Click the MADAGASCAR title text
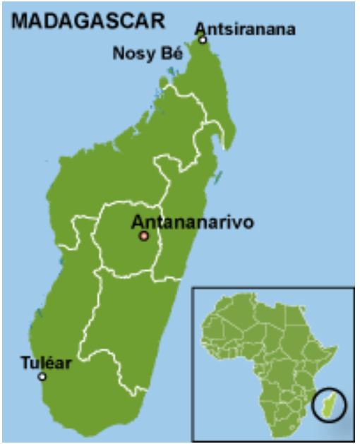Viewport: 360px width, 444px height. [88, 21]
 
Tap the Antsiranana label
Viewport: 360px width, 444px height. [245, 29]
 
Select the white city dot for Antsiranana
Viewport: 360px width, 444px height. [203, 40]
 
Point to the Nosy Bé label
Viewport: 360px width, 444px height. [144, 54]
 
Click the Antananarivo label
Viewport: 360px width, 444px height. [192, 222]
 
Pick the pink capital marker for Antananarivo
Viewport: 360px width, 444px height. [144, 236]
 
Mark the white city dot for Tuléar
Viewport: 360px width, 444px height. [42, 376]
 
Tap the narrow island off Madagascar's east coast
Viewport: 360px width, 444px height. [220, 170]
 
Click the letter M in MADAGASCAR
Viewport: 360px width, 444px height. [20, 21]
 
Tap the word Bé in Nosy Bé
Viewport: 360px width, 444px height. [168, 54]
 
